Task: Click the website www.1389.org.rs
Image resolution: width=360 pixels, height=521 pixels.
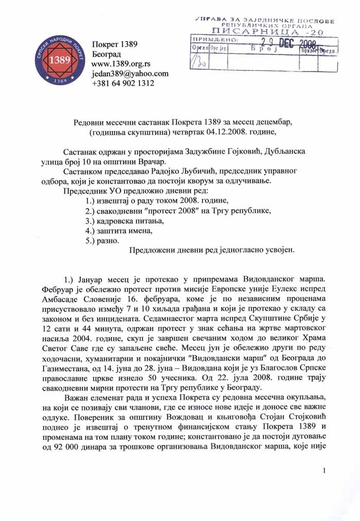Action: click(x=120, y=64)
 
